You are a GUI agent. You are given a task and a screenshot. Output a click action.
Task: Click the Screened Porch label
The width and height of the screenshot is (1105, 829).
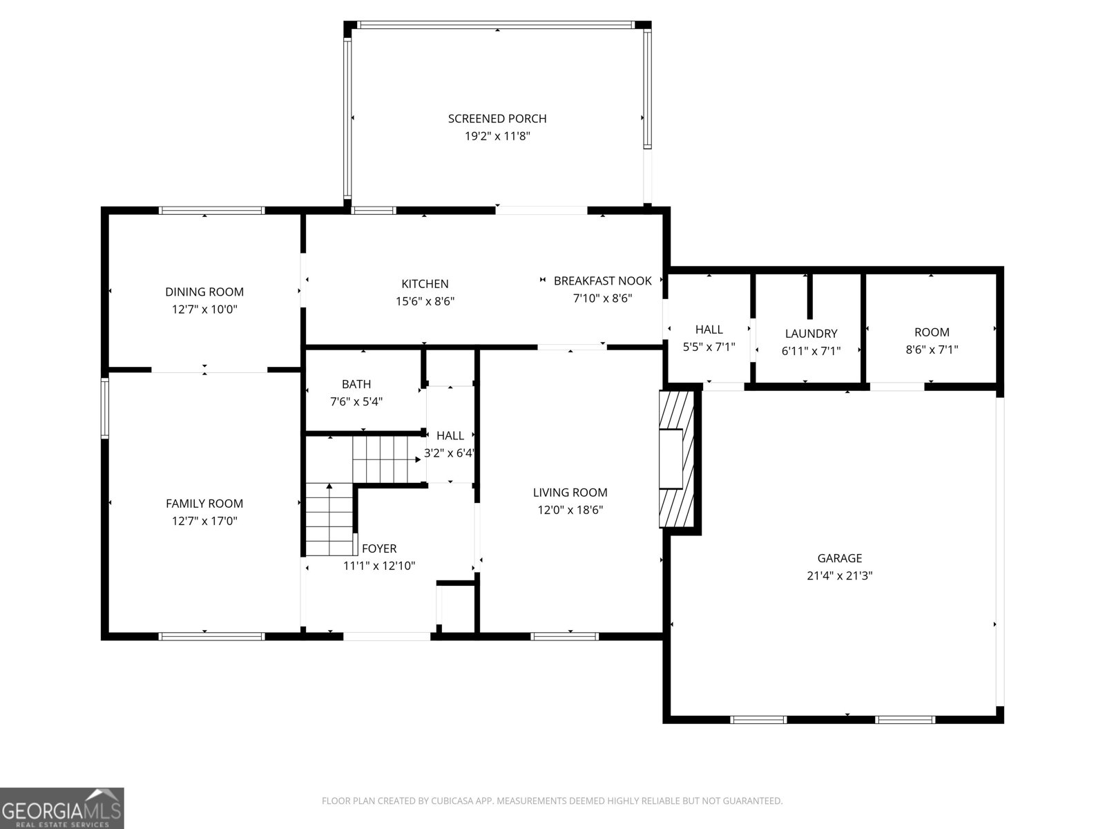(x=497, y=119)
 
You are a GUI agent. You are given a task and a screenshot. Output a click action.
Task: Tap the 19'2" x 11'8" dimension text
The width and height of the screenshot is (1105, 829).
(x=497, y=136)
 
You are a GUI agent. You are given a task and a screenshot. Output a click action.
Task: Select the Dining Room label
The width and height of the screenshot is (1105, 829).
(x=204, y=292)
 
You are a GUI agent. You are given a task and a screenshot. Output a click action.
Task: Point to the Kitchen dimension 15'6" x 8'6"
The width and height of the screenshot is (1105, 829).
(x=425, y=301)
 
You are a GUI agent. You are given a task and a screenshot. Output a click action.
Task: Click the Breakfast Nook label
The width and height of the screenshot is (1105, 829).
(x=603, y=281)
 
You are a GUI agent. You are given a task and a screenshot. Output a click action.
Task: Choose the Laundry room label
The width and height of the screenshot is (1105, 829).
(x=811, y=333)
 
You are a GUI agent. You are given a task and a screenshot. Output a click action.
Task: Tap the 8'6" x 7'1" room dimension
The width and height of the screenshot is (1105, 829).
(x=932, y=350)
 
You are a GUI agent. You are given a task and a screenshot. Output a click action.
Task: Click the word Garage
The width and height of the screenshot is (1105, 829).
(x=840, y=558)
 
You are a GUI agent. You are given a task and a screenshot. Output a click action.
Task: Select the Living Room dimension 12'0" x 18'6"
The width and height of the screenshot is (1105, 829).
(x=570, y=510)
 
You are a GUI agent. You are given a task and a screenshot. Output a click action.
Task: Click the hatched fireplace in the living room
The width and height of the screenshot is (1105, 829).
(x=677, y=459)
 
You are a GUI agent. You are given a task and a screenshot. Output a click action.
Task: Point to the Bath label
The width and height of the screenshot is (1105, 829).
(x=356, y=384)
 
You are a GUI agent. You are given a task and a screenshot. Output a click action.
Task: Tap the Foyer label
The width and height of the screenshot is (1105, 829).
(x=379, y=548)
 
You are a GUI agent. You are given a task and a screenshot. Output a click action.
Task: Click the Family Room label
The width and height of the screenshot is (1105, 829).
(x=204, y=504)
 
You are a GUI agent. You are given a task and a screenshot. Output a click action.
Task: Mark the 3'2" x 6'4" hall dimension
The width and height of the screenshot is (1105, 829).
(x=449, y=453)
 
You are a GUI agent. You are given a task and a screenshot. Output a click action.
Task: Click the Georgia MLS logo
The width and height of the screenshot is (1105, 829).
(x=62, y=808)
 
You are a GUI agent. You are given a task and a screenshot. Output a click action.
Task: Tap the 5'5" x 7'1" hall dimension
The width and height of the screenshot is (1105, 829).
(x=709, y=347)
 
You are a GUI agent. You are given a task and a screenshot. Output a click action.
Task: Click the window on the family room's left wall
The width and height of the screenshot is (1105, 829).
(x=105, y=408)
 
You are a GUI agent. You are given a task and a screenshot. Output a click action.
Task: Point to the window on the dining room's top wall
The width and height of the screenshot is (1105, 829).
(x=212, y=211)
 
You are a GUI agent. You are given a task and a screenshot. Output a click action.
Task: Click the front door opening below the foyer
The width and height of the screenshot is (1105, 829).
(x=387, y=636)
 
